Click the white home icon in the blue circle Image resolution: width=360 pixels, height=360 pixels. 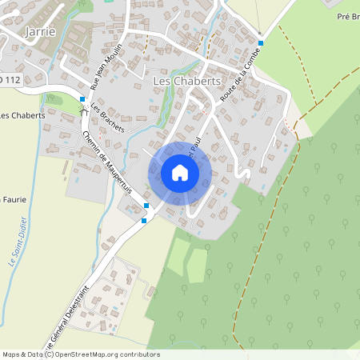tap(180, 173)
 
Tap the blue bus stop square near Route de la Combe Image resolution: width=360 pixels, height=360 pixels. tap(261, 43)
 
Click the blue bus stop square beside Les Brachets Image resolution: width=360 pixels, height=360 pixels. tap(82, 99)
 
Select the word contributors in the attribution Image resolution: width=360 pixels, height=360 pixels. tap(139, 354)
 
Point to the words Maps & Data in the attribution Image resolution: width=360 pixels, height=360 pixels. tap(22, 354)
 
